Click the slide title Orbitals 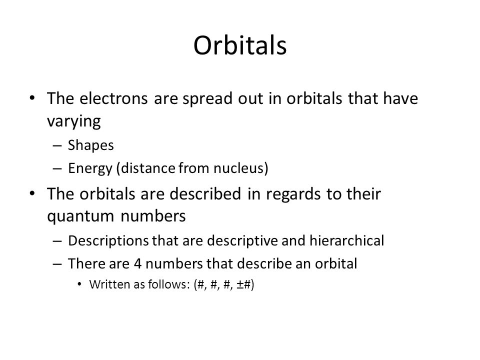[x=240, y=45]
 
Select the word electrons [x=113, y=98]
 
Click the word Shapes [x=90, y=145]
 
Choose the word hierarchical [x=346, y=240]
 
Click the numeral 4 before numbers [x=138, y=264]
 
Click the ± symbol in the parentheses [x=240, y=284]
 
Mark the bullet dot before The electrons [x=32, y=98]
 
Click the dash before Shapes [x=57, y=145]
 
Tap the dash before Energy [x=57, y=168]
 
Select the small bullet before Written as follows [x=79, y=284]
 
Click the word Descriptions [x=108, y=241]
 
